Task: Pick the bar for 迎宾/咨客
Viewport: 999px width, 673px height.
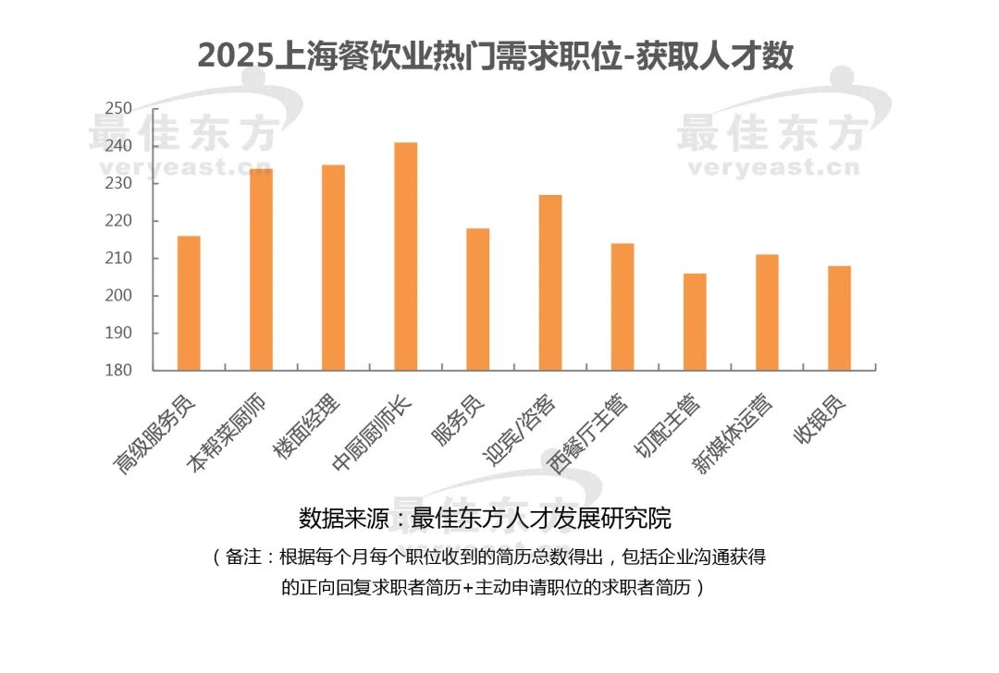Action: coord(550,283)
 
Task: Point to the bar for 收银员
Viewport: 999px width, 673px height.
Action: coord(839,318)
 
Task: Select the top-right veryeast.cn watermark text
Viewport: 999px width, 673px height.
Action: coord(772,168)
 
